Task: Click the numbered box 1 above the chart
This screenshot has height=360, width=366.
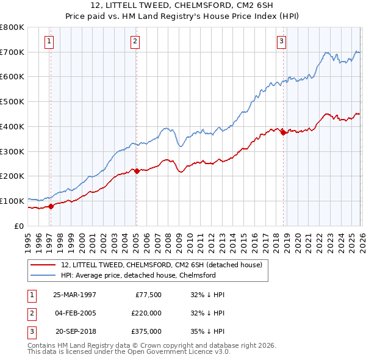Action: (49, 41)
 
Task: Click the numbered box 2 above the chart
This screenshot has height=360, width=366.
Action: (134, 41)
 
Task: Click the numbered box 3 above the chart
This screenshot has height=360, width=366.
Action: (281, 41)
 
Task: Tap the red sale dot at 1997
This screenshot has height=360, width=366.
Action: (51, 206)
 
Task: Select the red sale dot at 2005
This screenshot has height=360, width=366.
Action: (137, 171)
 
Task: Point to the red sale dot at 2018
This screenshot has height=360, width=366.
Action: (284, 132)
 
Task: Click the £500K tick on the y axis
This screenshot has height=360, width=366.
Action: (12, 101)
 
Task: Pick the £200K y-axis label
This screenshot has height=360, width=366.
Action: (12, 176)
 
